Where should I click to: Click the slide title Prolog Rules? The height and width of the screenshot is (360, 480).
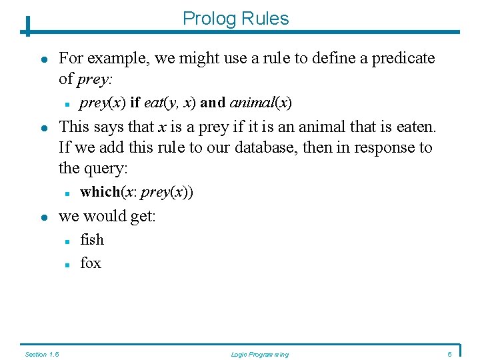235,19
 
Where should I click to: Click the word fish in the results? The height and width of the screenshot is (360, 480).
92,240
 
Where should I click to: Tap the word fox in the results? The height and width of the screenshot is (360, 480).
91,263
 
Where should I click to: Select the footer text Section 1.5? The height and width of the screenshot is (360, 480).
41,354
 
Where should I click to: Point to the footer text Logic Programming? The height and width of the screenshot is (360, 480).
259,354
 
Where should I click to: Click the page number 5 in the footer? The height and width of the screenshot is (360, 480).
450,354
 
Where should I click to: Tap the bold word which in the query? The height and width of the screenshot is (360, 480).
99,192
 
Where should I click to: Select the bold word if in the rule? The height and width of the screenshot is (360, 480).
135,103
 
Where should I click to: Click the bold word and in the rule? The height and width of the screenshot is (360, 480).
213,103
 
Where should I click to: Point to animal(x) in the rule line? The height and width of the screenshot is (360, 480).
261,103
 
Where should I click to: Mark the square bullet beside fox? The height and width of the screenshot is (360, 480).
68,265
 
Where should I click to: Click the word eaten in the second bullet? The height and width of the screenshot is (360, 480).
415,126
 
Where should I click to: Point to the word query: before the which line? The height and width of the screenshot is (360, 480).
105,169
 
